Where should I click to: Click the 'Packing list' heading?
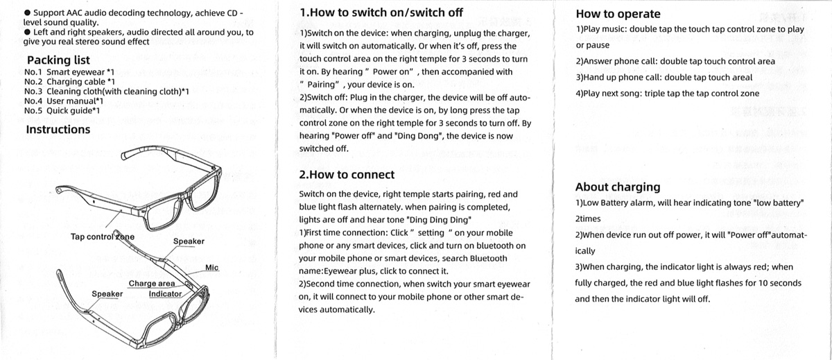tap(58, 60)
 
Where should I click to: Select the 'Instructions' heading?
tap(58, 130)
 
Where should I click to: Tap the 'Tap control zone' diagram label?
tap(103, 237)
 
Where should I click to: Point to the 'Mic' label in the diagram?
tap(212, 268)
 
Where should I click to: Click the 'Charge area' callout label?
tap(152, 284)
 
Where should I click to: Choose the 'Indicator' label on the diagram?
tap(165, 294)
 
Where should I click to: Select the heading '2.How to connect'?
tap(347, 175)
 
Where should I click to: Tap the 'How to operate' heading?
tap(618, 14)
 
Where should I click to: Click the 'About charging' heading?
tap(618, 187)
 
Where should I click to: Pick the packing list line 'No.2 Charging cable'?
tap(69, 81)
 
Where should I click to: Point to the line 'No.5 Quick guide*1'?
tap(62, 110)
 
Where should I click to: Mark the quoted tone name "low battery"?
tap(771, 203)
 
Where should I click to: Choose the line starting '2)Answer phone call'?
tap(675, 61)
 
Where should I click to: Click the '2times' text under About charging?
tap(588, 218)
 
